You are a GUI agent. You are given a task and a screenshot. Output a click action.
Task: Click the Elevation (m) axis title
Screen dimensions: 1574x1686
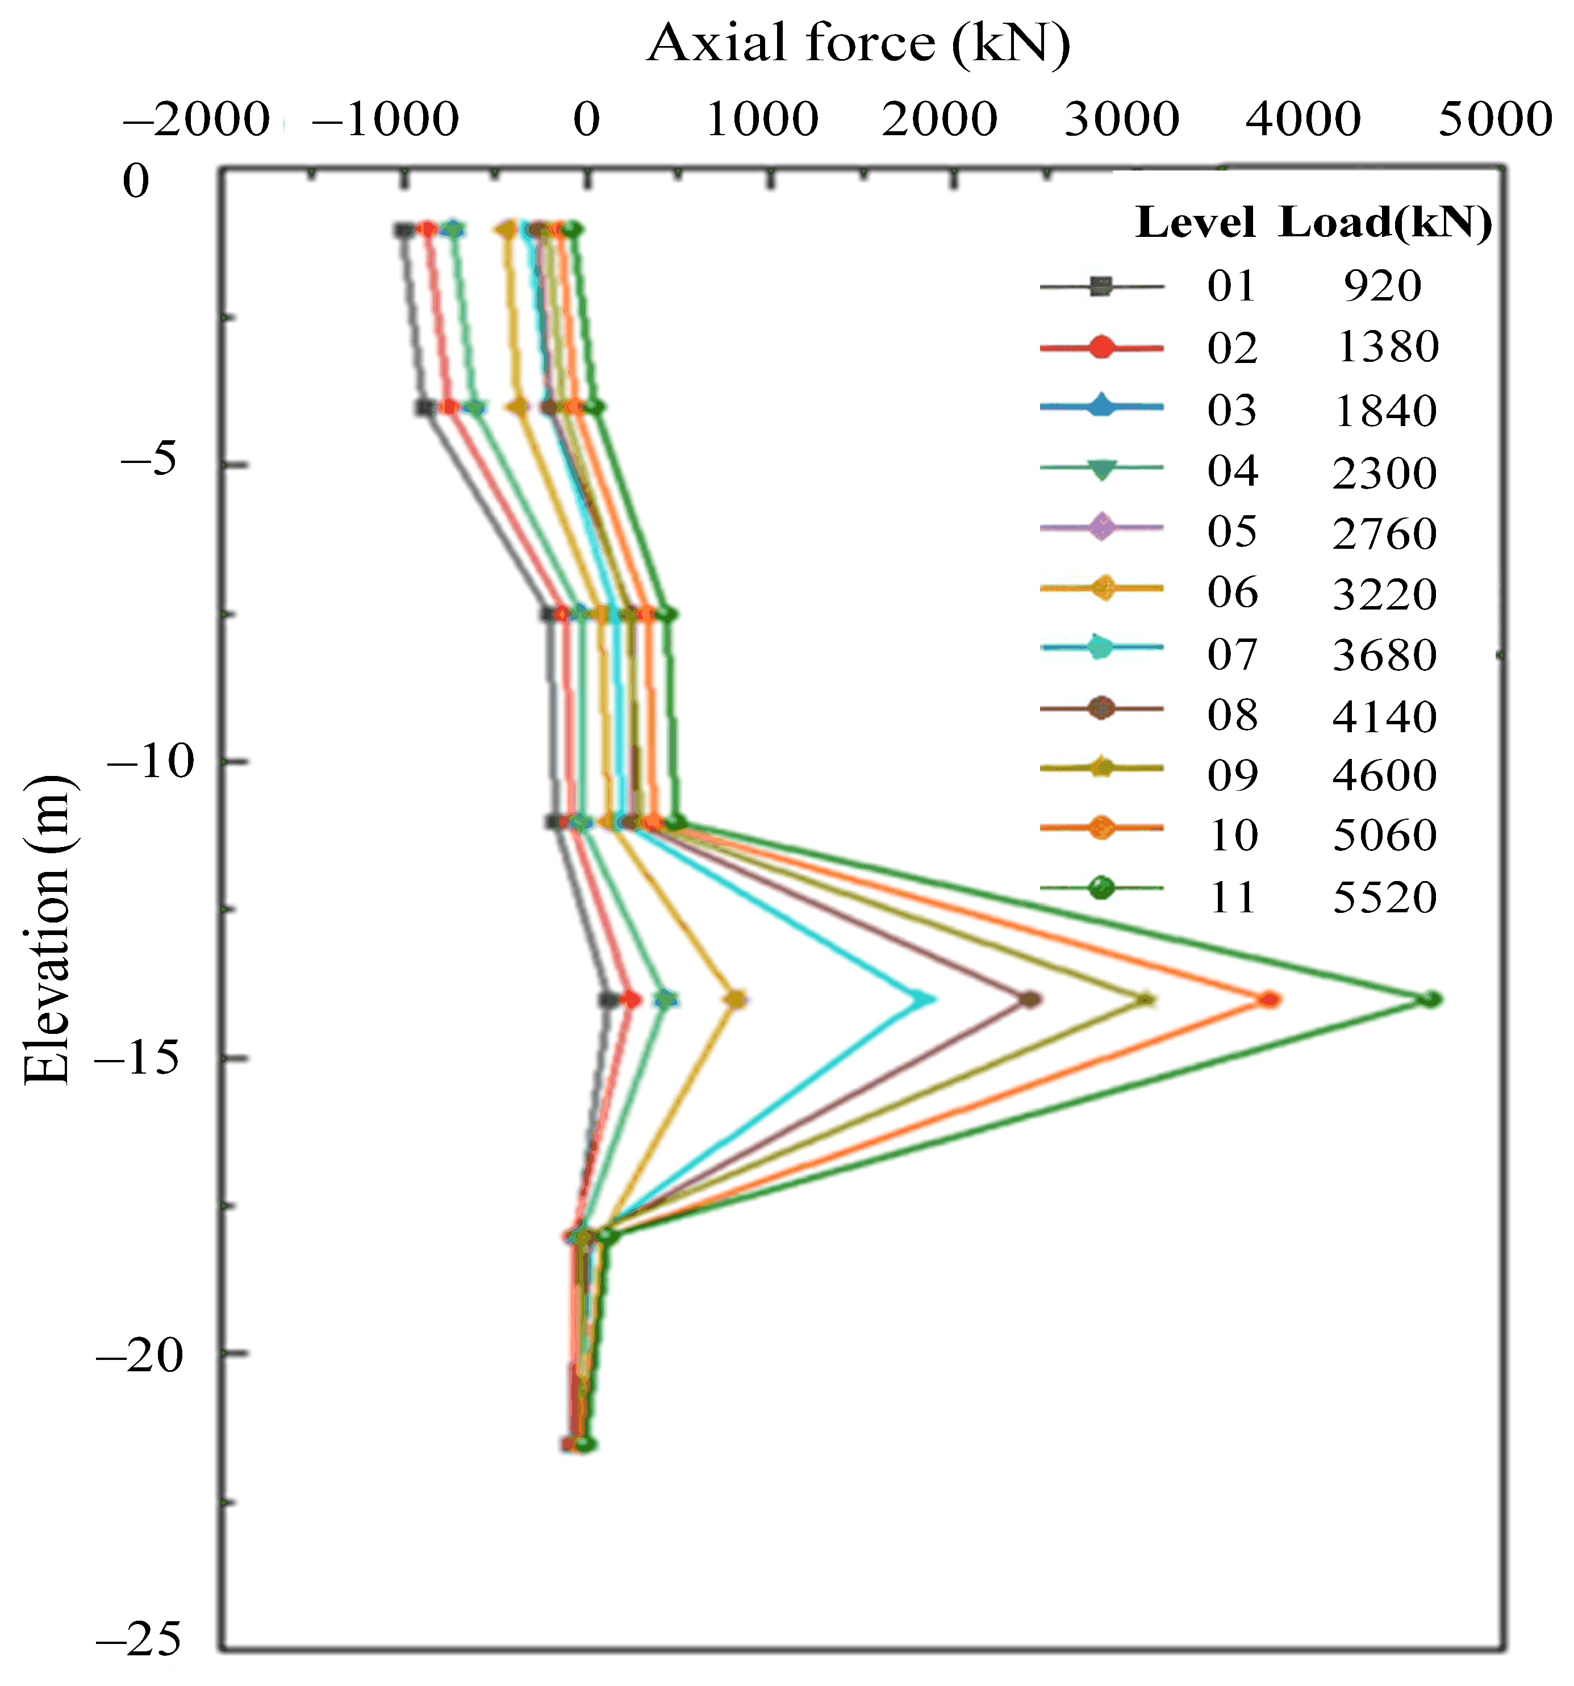pos(46,929)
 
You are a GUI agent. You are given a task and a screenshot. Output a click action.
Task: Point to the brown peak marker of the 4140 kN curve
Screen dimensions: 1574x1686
pos(1029,1000)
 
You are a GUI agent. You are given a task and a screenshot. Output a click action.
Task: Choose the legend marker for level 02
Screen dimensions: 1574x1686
pos(1101,347)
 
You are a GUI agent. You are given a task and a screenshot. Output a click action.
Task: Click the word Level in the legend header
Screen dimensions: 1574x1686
pos(1195,223)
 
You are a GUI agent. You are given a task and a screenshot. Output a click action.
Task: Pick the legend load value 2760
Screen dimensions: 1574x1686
pos(1385,533)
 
